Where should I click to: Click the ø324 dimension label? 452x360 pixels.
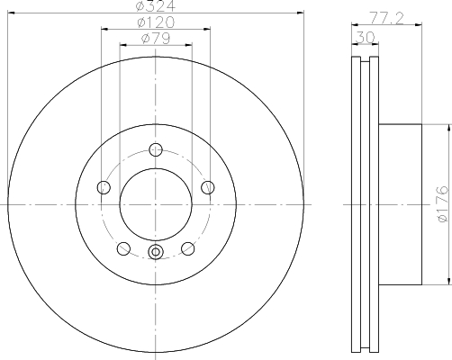156,5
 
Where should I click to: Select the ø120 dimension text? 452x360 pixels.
156,22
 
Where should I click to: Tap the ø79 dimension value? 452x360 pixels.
156,38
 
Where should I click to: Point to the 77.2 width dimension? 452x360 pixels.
386,19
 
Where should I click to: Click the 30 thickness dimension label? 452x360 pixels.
365,38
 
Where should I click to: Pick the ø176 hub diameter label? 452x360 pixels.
443,204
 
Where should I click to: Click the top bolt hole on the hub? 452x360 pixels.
156,149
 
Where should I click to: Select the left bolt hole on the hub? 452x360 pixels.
104,187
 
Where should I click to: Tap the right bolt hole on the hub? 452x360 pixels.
208,187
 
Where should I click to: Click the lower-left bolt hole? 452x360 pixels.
123,248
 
